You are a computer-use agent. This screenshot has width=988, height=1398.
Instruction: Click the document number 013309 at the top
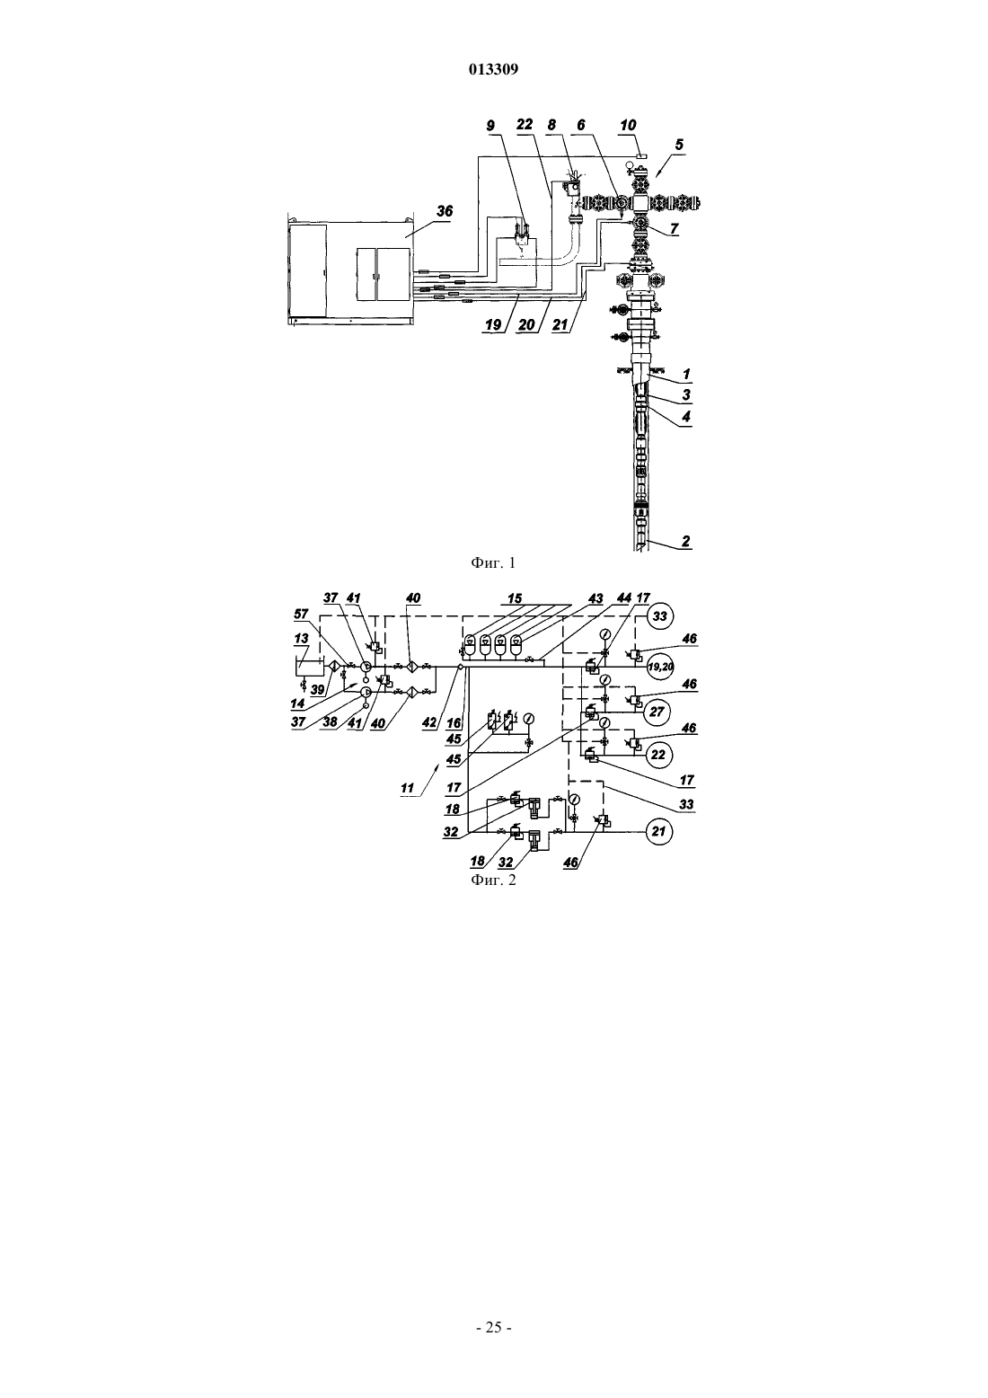click(x=493, y=69)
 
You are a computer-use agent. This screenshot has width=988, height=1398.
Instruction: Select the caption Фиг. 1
click(x=493, y=563)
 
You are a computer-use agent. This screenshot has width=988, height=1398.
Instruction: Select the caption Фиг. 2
click(x=493, y=880)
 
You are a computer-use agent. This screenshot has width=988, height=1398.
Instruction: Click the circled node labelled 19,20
click(x=660, y=667)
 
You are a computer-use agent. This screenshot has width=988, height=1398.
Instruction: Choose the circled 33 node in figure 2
click(x=659, y=616)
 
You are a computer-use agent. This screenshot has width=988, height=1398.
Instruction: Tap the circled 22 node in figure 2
click(x=658, y=754)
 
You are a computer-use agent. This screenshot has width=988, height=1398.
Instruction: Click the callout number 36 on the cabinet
click(x=444, y=212)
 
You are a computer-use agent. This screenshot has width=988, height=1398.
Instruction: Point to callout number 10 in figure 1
click(x=628, y=125)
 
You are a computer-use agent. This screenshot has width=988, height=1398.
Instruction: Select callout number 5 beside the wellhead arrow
click(x=679, y=145)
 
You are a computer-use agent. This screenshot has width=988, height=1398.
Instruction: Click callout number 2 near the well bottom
click(x=686, y=541)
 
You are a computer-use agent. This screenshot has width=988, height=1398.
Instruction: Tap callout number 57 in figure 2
click(x=301, y=615)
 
